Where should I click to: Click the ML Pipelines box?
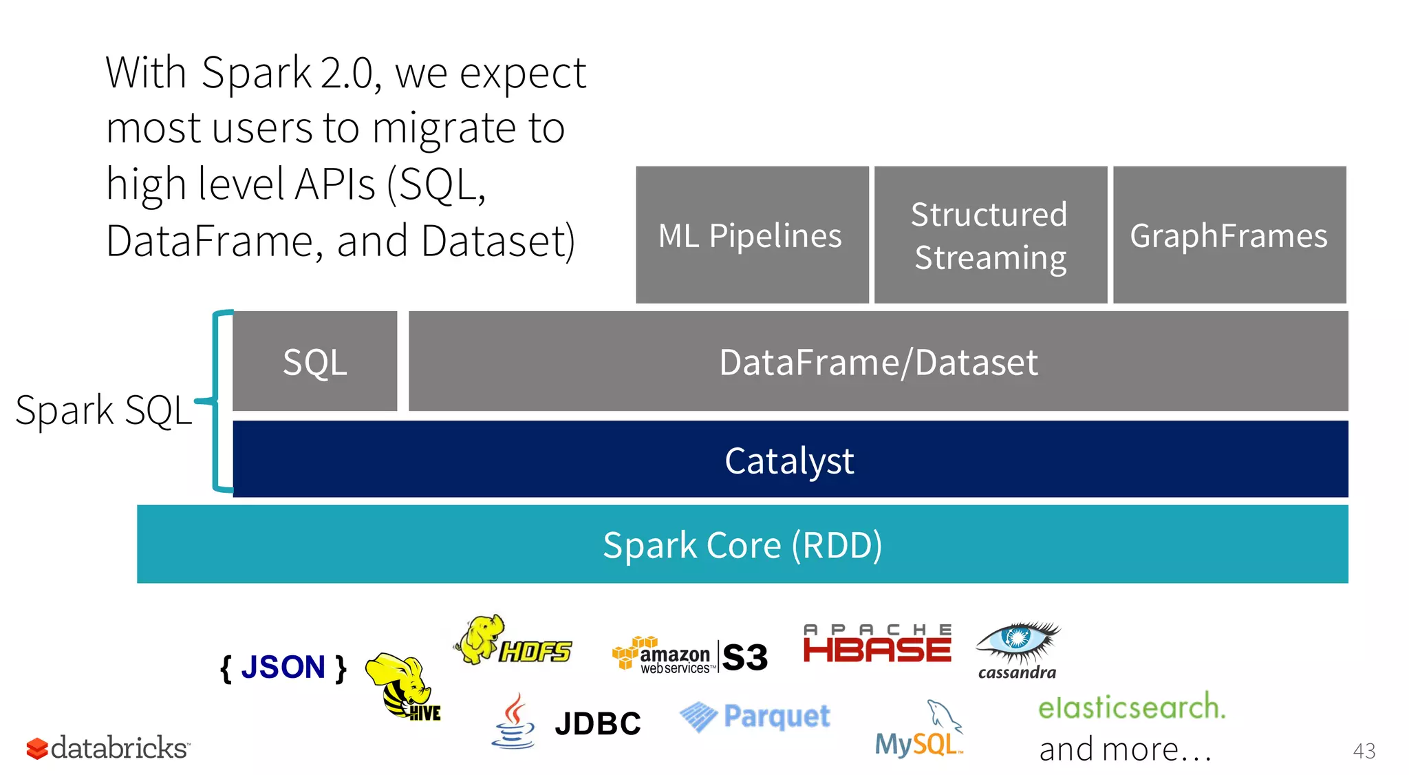[751, 235]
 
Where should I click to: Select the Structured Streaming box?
[990, 235]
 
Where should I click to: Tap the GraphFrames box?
[1229, 235]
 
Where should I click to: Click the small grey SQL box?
[314, 361]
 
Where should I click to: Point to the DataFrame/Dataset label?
[878, 362]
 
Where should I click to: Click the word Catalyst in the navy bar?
[789, 460]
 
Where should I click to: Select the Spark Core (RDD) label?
[742, 545]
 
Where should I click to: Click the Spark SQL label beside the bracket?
[103, 410]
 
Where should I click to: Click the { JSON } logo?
[283, 668]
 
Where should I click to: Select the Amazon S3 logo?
[689, 655]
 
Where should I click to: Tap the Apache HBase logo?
[877, 644]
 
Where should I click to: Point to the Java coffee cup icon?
[513, 723]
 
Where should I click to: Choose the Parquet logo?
[755, 716]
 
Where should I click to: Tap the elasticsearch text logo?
[1131, 708]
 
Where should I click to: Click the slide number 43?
[1364, 750]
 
